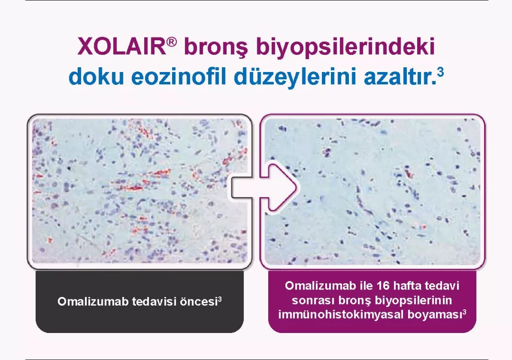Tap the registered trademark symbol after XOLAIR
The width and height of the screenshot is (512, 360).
click(172, 42)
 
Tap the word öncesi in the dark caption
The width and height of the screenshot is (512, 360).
click(197, 302)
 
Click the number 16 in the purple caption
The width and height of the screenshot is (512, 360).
click(381, 287)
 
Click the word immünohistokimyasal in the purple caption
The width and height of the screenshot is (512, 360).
click(340, 314)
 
